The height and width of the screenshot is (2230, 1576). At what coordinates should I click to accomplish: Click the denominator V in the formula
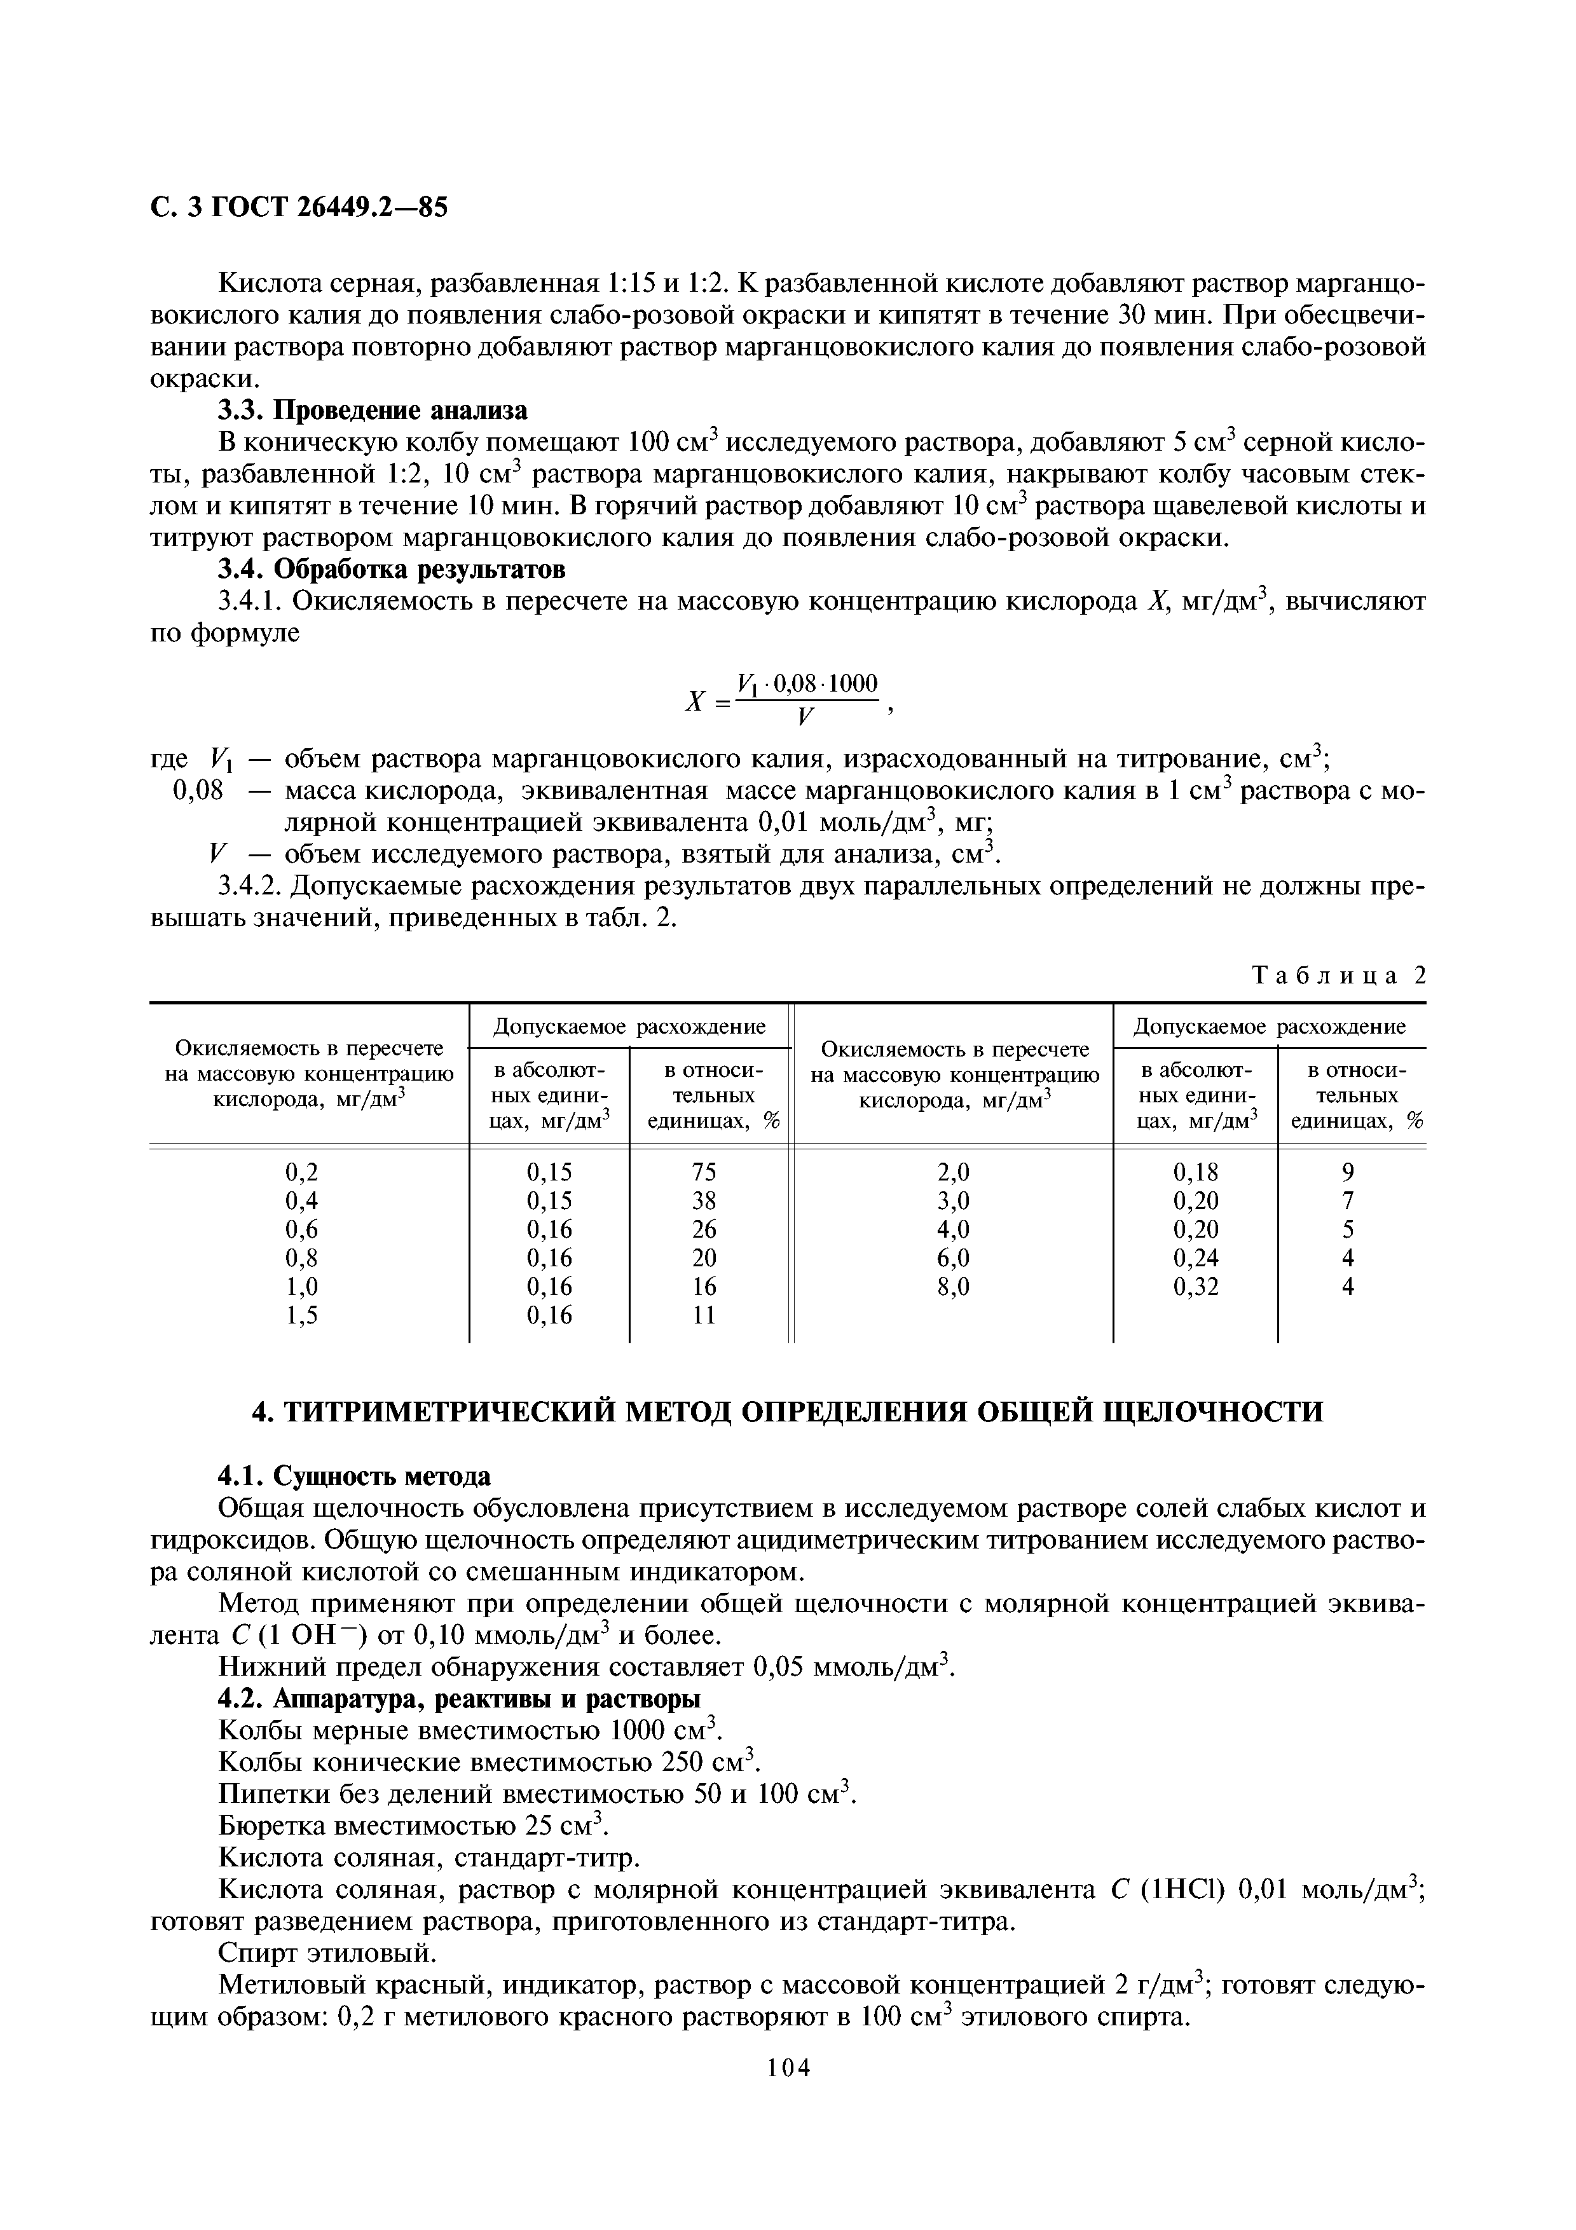(804, 718)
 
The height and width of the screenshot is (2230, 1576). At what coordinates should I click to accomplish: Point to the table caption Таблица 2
(1339, 975)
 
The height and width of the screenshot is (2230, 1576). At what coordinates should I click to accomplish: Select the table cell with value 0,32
(1195, 1287)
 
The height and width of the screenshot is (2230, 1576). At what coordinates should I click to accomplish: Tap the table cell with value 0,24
(1195, 1258)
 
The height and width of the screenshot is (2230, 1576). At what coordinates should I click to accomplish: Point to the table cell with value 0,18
(1195, 1172)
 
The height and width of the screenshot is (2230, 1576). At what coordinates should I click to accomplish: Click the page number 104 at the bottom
(788, 2096)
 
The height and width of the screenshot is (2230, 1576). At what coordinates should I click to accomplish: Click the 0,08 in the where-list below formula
(198, 791)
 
